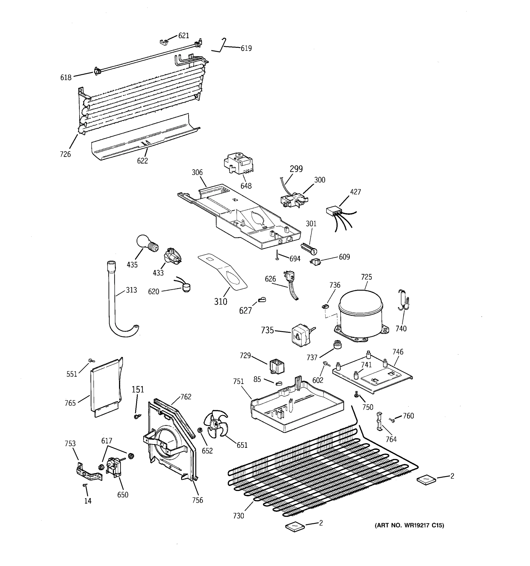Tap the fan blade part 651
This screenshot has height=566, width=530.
click(215, 425)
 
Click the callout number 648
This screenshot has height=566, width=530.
click(246, 186)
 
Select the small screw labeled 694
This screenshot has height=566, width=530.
click(277, 255)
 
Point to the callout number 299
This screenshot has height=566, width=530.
click(296, 169)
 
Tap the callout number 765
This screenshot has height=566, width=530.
click(70, 403)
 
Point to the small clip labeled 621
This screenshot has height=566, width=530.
click(163, 42)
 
